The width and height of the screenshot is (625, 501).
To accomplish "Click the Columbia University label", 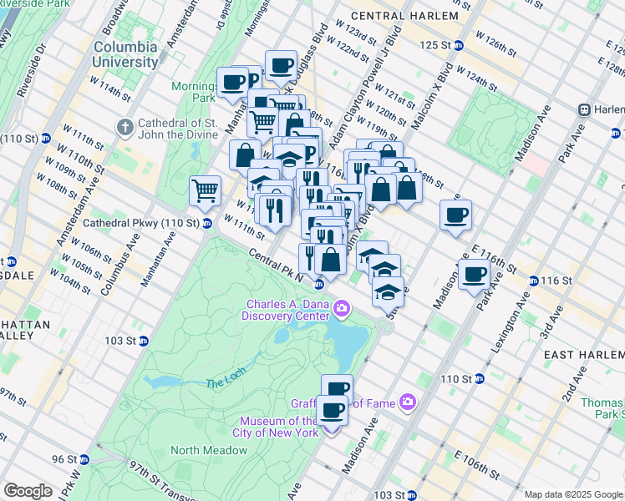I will click(x=125, y=54).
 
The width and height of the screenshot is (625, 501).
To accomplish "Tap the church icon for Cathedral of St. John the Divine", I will click(x=125, y=128).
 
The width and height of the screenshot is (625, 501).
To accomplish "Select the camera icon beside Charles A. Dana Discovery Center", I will click(x=341, y=310).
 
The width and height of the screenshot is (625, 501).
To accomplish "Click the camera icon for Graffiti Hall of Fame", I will click(x=407, y=402).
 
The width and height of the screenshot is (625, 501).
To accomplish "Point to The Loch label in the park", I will click(x=223, y=382).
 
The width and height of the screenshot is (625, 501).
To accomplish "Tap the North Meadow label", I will click(x=209, y=450).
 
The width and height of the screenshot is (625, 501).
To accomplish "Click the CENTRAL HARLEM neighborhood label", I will click(x=404, y=16).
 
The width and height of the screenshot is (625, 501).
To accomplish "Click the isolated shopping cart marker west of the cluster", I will click(x=205, y=190).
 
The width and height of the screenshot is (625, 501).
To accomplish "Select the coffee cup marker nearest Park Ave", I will click(x=475, y=274).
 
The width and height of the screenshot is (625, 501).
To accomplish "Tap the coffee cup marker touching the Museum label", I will click(x=332, y=409).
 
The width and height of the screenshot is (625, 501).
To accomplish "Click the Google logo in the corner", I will click(x=28, y=491).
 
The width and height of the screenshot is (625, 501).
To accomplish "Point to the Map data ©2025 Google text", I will click(x=573, y=494).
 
